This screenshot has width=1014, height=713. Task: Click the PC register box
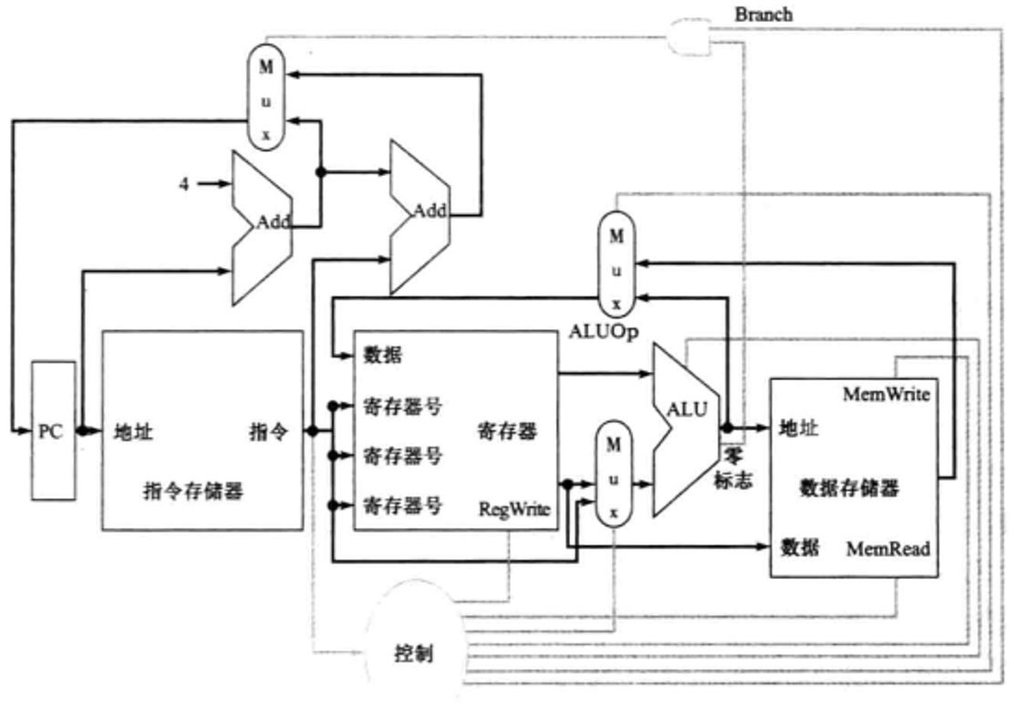(51, 431)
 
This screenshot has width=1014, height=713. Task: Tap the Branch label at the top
(763, 15)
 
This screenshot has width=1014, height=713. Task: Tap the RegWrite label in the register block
(513, 510)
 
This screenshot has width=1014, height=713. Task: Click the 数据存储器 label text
(849, 488)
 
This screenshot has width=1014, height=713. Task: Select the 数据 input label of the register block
(382, 354)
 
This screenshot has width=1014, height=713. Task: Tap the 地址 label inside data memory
(799, 427)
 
